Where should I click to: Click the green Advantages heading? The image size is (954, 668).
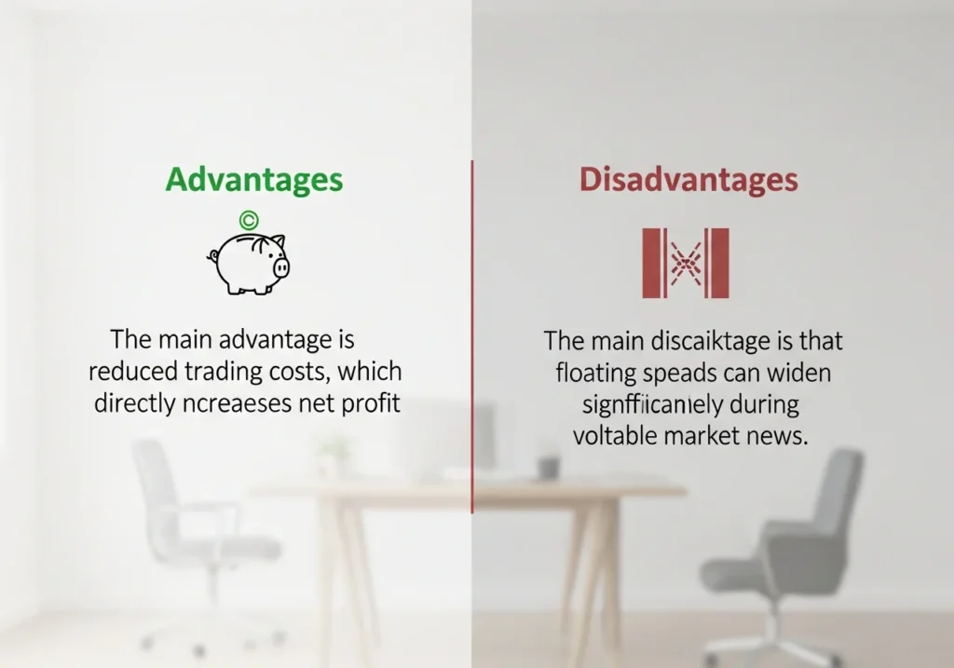[253, 179]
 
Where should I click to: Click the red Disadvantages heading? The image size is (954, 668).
[688, 179]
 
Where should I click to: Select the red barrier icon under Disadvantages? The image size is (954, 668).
[686, 263]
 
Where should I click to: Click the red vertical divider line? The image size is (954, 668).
[472, 335]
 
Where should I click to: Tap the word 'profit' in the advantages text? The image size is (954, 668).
[370, 405]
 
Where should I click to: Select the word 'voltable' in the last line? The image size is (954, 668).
[615, 436]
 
